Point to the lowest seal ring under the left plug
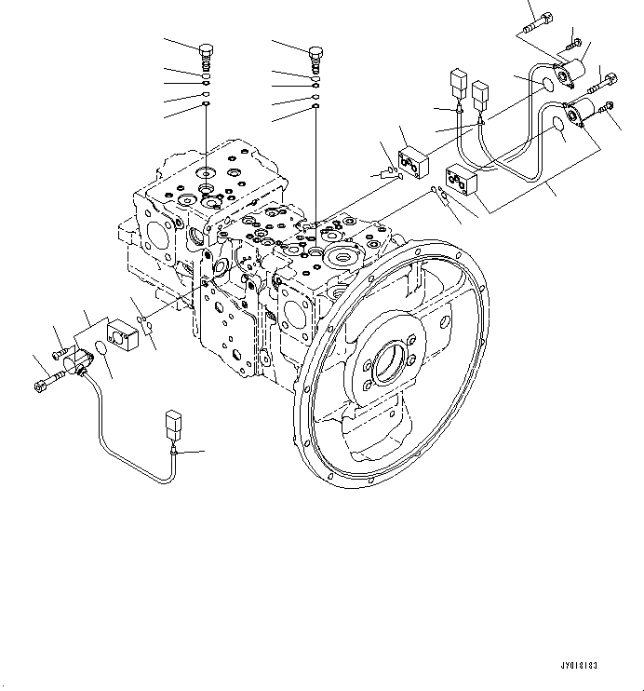(207, 106)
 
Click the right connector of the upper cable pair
(481, 94)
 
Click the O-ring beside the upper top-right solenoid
(547, 85)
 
